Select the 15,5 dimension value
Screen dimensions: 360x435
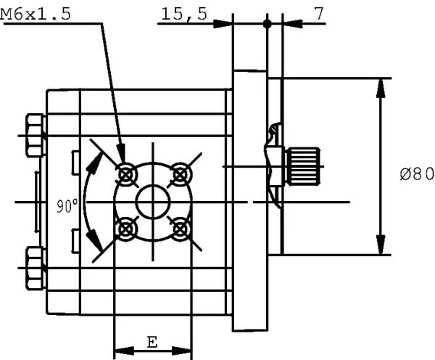184,14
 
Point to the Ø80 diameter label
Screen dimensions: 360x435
416,174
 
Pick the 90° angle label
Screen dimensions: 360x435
67,206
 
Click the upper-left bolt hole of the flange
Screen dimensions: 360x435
128,174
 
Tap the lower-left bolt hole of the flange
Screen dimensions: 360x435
128,227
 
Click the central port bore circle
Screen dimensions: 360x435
153,201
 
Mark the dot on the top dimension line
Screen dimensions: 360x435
268,24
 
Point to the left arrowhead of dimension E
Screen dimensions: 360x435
120,350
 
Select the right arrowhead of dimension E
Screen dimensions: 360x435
186,350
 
